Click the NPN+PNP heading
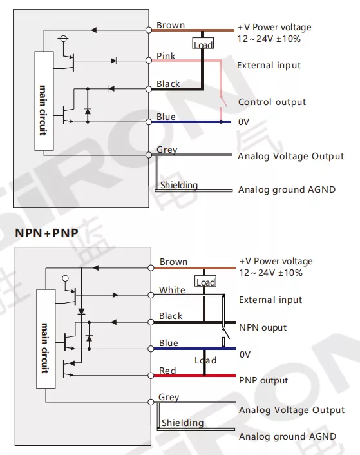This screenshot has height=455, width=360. [x=46, y=233]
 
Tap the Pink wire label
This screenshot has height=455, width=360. [x=166, y=56]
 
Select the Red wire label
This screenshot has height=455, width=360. [x=167, y=371]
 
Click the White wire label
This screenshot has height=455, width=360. [x=172, y=290]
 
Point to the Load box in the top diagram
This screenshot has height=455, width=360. [x=203, y=43]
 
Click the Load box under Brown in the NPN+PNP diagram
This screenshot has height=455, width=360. [x=205, y=281]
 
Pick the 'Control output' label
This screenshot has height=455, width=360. [x=272, y=102]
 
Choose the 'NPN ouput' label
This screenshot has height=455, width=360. [x=263, y=327]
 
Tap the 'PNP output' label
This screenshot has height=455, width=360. [x=263, y=380]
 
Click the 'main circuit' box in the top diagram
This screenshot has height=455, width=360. [x=44, y=101]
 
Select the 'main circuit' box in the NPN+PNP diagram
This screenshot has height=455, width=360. [x=46, y=338]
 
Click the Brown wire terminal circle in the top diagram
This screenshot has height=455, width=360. [x=149, y=30]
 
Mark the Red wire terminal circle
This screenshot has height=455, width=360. [x=151, y=376]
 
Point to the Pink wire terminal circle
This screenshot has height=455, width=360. [x=149, y=61]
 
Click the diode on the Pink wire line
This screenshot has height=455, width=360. [x=113, y=61]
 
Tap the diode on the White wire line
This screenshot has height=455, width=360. [x=115, y=295]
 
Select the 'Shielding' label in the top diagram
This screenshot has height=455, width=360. [x=179, y=185]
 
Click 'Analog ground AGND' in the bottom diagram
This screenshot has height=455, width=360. [x=287, y=436]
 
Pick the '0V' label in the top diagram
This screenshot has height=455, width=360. [x=243, y=122]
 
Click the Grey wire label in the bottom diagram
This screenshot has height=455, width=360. [x=169, y=397]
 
